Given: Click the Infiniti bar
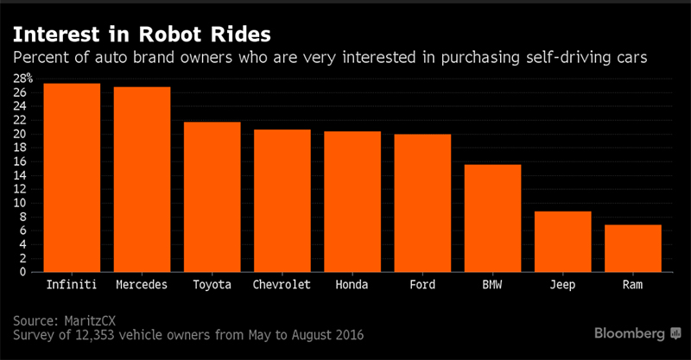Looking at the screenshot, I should (x=72, y=178).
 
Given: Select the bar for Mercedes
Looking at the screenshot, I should (x=142, y=180).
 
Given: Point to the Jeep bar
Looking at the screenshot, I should (x=562, y=241).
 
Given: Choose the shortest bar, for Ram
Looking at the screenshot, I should (x=633, y=248).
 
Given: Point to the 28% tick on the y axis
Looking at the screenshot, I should (x=20, y=79).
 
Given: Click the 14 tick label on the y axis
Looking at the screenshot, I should (x=20, y=175).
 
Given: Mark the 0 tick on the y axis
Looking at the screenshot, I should (x=23, y=272).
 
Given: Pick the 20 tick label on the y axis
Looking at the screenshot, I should (x=20, y=134).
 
